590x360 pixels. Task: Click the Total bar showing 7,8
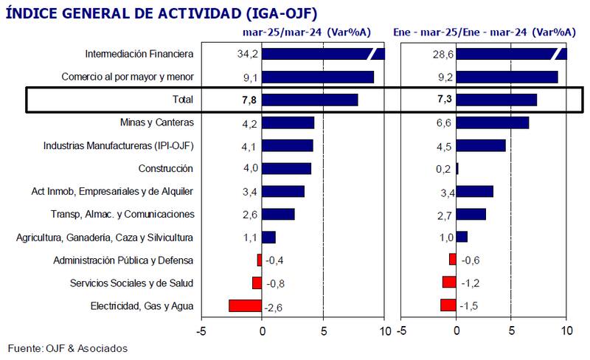[310, 100]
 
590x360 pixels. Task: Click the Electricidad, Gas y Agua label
[142, 305]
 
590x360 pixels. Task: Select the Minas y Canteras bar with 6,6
[492, 122]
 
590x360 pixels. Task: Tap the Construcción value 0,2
[443, 168]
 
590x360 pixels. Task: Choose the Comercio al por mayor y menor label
[128, 77]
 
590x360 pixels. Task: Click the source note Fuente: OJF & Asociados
[68, 347]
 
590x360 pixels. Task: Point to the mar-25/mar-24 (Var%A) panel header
[307, 32]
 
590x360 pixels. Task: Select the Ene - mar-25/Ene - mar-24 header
[485, 32]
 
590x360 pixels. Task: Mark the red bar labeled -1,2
[449, 283]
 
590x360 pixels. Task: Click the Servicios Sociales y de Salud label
[131, 283]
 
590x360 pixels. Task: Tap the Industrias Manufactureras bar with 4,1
[288, 145]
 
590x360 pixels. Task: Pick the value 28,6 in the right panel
[443, 54]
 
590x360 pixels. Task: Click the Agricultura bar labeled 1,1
[268, 237]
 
